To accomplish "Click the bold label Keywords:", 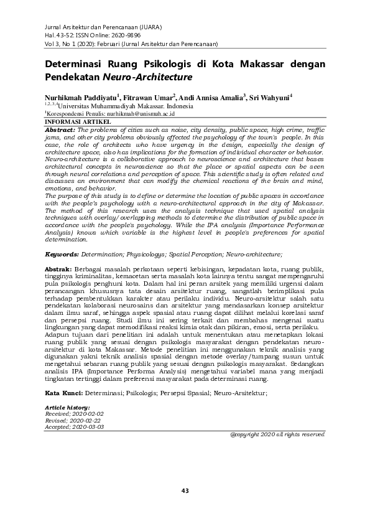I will tap(62, 255).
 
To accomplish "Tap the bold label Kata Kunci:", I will tap(65, 393).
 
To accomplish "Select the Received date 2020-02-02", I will tap(88, 413).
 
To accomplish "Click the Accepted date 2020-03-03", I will tap(88, 427).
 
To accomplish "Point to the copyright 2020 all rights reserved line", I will tap(277, 434).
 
